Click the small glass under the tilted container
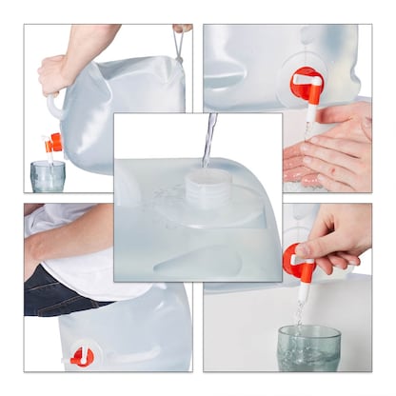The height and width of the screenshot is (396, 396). point(48,175)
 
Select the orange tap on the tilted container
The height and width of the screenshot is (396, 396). point(53,143)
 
